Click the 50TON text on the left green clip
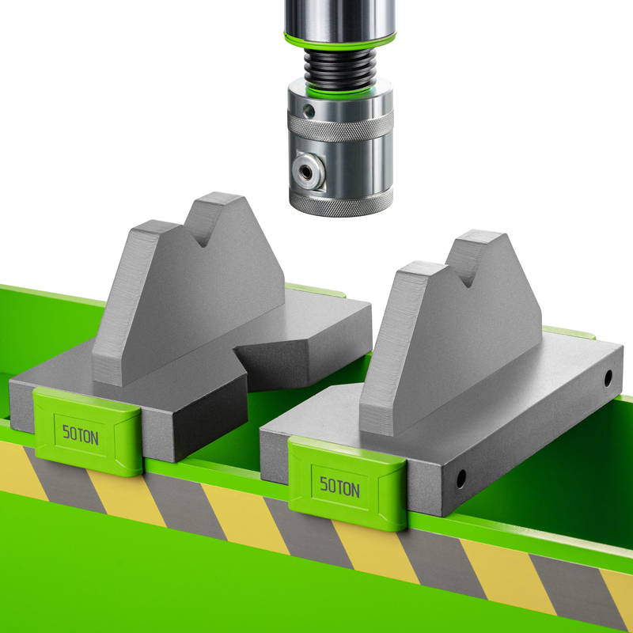pyautogui.click(x=81, y=434)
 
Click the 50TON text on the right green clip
pyautogui.click(x=339, y=487)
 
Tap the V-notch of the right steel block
pyautogui.click(x=467, y=275)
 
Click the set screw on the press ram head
pyautogui.click(x=308, y=172)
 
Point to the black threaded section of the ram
pyautogui.click(x=340, y=70)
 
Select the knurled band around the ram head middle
pyautogui.click(x=340, y=125)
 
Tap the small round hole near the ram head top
pyautogui.click(x=309, y=111)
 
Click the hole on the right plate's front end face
pyautogui.click(x=461, y=479)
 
